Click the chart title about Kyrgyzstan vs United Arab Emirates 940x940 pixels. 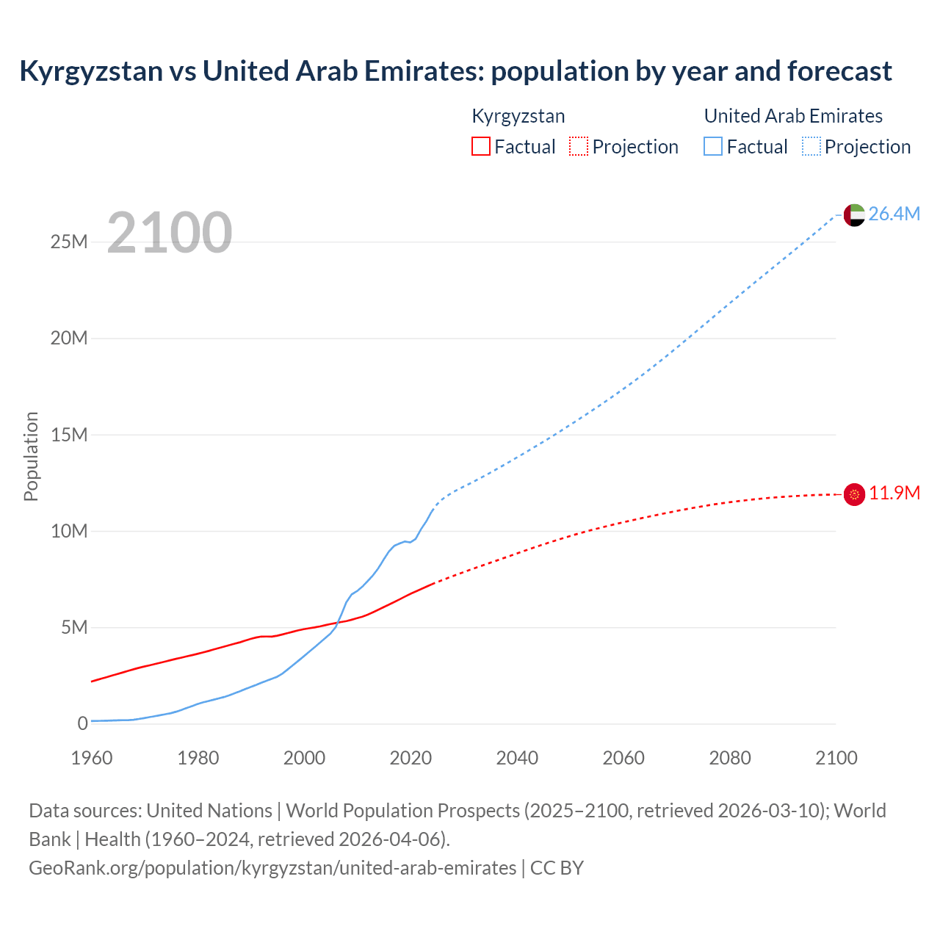pyautogui.click(x=455, y=71)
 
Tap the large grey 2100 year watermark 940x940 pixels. pyautogui.click(x=170, y=233)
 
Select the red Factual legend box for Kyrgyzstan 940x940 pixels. pyautogui.click(x=480, y=146)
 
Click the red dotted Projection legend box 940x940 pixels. pyautogui.click(x=579, y=146)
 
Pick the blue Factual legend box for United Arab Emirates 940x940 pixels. pyautogui.click(x=713, y=146)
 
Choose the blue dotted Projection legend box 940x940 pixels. pyautogui.click(x=811, y=146)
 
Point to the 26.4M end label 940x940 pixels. pyautogui.click(x=894, y=214)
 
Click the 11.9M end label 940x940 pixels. pyautogui.click(x=894, y=493)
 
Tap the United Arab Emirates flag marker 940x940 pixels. pyautogui.click(x=854, y=215)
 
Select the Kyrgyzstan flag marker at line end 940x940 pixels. pyautogui.click(x=854, y=495)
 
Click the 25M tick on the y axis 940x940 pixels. pyautogui.click(x=69, y=242)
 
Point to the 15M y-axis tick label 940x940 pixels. pyautogui.click(x=69, y=435)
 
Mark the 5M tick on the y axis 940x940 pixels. pyautogui.click(x=74, y=627)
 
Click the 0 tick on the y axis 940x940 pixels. pyautogui.click(x=82, y=723)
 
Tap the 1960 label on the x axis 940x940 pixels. pyautogui.click(x=92, y=758)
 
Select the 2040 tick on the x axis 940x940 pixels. pyautogui.click(x=517, y=758)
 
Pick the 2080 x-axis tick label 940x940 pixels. pyautogui.click(x=730, y=758)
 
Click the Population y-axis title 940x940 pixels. pyautogui.click(x=31, y=456)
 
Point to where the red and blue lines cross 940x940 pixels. pyautogui.click(x=336, y=624)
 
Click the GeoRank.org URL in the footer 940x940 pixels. pyautogui.click(x=272, y=868)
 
